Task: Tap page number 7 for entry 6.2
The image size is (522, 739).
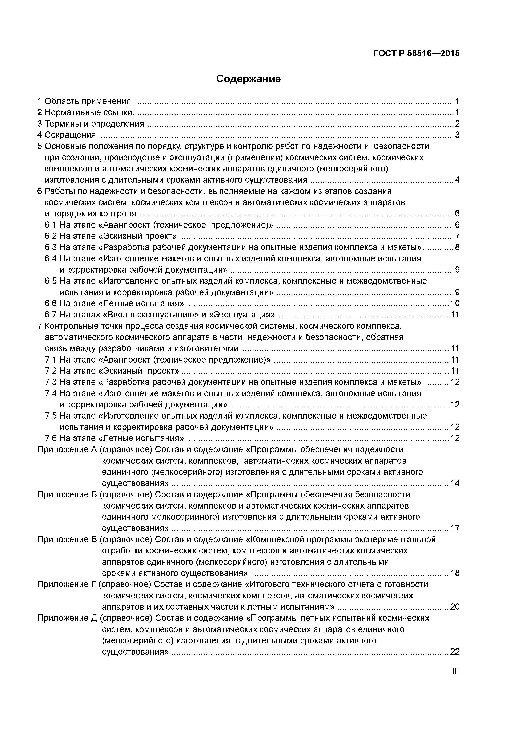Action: point(457,236)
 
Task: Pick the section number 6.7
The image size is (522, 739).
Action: point(51,315)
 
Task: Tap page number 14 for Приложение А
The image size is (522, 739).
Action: point(455,483)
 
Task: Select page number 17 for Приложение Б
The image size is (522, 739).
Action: point(455,528)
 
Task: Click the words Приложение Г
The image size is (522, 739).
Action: point(67,584)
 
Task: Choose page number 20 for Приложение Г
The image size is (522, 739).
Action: point(455,607)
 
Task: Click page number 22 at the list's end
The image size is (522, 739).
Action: point(455,652)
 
